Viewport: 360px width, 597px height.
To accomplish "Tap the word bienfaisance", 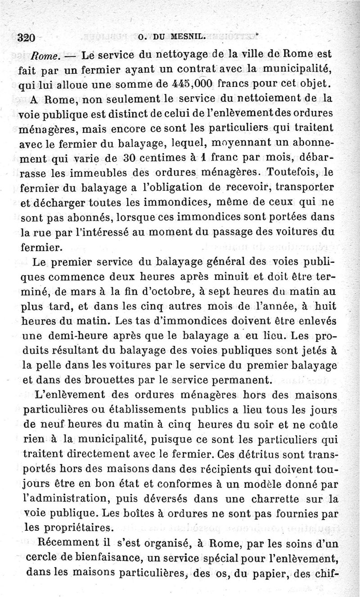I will (x=113, y=558).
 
